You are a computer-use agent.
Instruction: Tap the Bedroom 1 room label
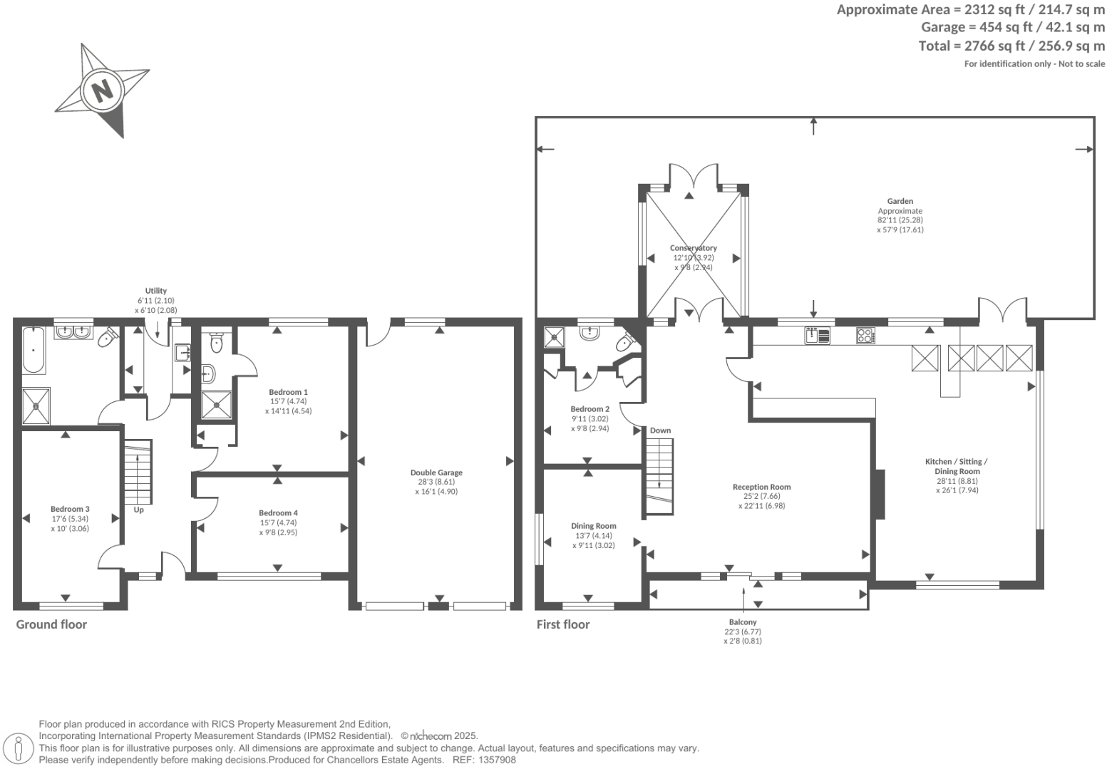(288, 392)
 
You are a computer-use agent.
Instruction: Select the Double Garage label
(436, 473)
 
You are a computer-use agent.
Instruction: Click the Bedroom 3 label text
(70, 509)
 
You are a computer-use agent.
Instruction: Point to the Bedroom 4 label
(278, 513)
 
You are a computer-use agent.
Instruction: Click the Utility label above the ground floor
(155, 291)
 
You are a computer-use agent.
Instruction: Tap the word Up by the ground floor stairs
(138, 510)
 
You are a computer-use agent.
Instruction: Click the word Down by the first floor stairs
(660, 430)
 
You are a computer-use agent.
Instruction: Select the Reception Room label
(761, 487)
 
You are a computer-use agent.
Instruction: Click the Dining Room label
(593, 526)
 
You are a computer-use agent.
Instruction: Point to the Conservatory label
(693, 248)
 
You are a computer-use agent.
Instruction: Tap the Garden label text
(900, 201)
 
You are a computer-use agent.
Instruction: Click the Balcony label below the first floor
(743, 622)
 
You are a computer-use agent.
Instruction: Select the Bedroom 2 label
(589, 409)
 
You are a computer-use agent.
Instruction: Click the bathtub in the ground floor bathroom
(34, 351)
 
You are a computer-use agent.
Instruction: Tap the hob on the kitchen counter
(865, 335)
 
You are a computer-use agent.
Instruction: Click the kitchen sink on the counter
(818, 335)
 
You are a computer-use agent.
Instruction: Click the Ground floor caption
(51, 624)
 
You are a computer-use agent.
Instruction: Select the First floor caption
(562, 624)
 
